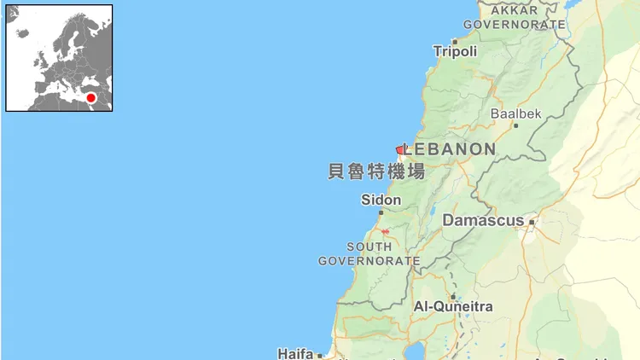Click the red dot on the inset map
click(90, 98)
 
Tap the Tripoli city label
click(455, 52)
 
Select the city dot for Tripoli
click(455, 40)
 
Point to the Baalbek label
click(515, 113)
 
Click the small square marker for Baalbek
click(515, 125)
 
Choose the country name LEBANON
click(450, 149)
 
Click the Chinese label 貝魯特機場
click(376, 171)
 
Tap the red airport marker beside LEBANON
click(399, 149)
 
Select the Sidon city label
click(381, 200)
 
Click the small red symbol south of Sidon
click(385, 231)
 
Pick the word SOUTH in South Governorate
click(369, 247)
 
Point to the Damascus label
click(483, 220)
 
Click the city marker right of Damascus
click(532, 221)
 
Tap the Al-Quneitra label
click(452, 306)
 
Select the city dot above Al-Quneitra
click(452, 295)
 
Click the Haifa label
click(295, 352)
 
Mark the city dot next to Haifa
click(319, 354)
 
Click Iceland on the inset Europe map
click(22, 32)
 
